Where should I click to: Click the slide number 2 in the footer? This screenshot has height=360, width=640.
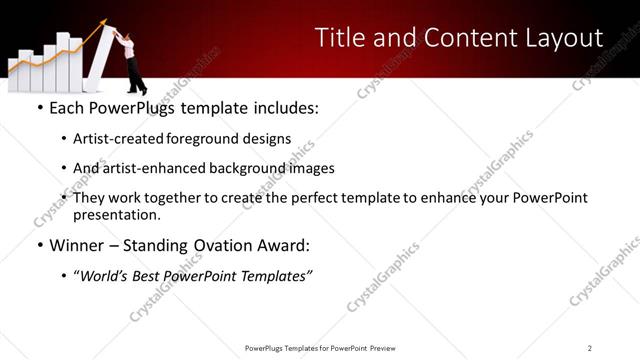point(590,347)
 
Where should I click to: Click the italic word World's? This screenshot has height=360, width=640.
point(104,276)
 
